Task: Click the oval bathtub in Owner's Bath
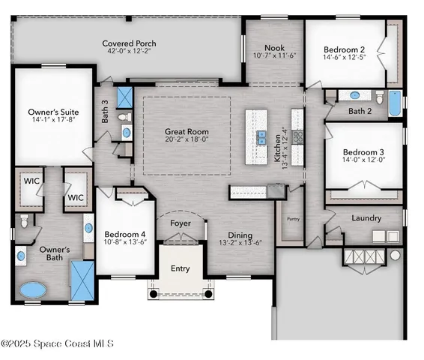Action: click(31, 289)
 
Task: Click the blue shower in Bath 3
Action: click(125, 96)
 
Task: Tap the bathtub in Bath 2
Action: click(394, 101)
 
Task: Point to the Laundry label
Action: click(366, 218)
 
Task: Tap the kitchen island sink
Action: click(262, 136)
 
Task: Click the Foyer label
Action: click(179, 223)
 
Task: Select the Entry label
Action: click(180, 268)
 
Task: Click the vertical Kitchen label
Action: click(277, 146)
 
